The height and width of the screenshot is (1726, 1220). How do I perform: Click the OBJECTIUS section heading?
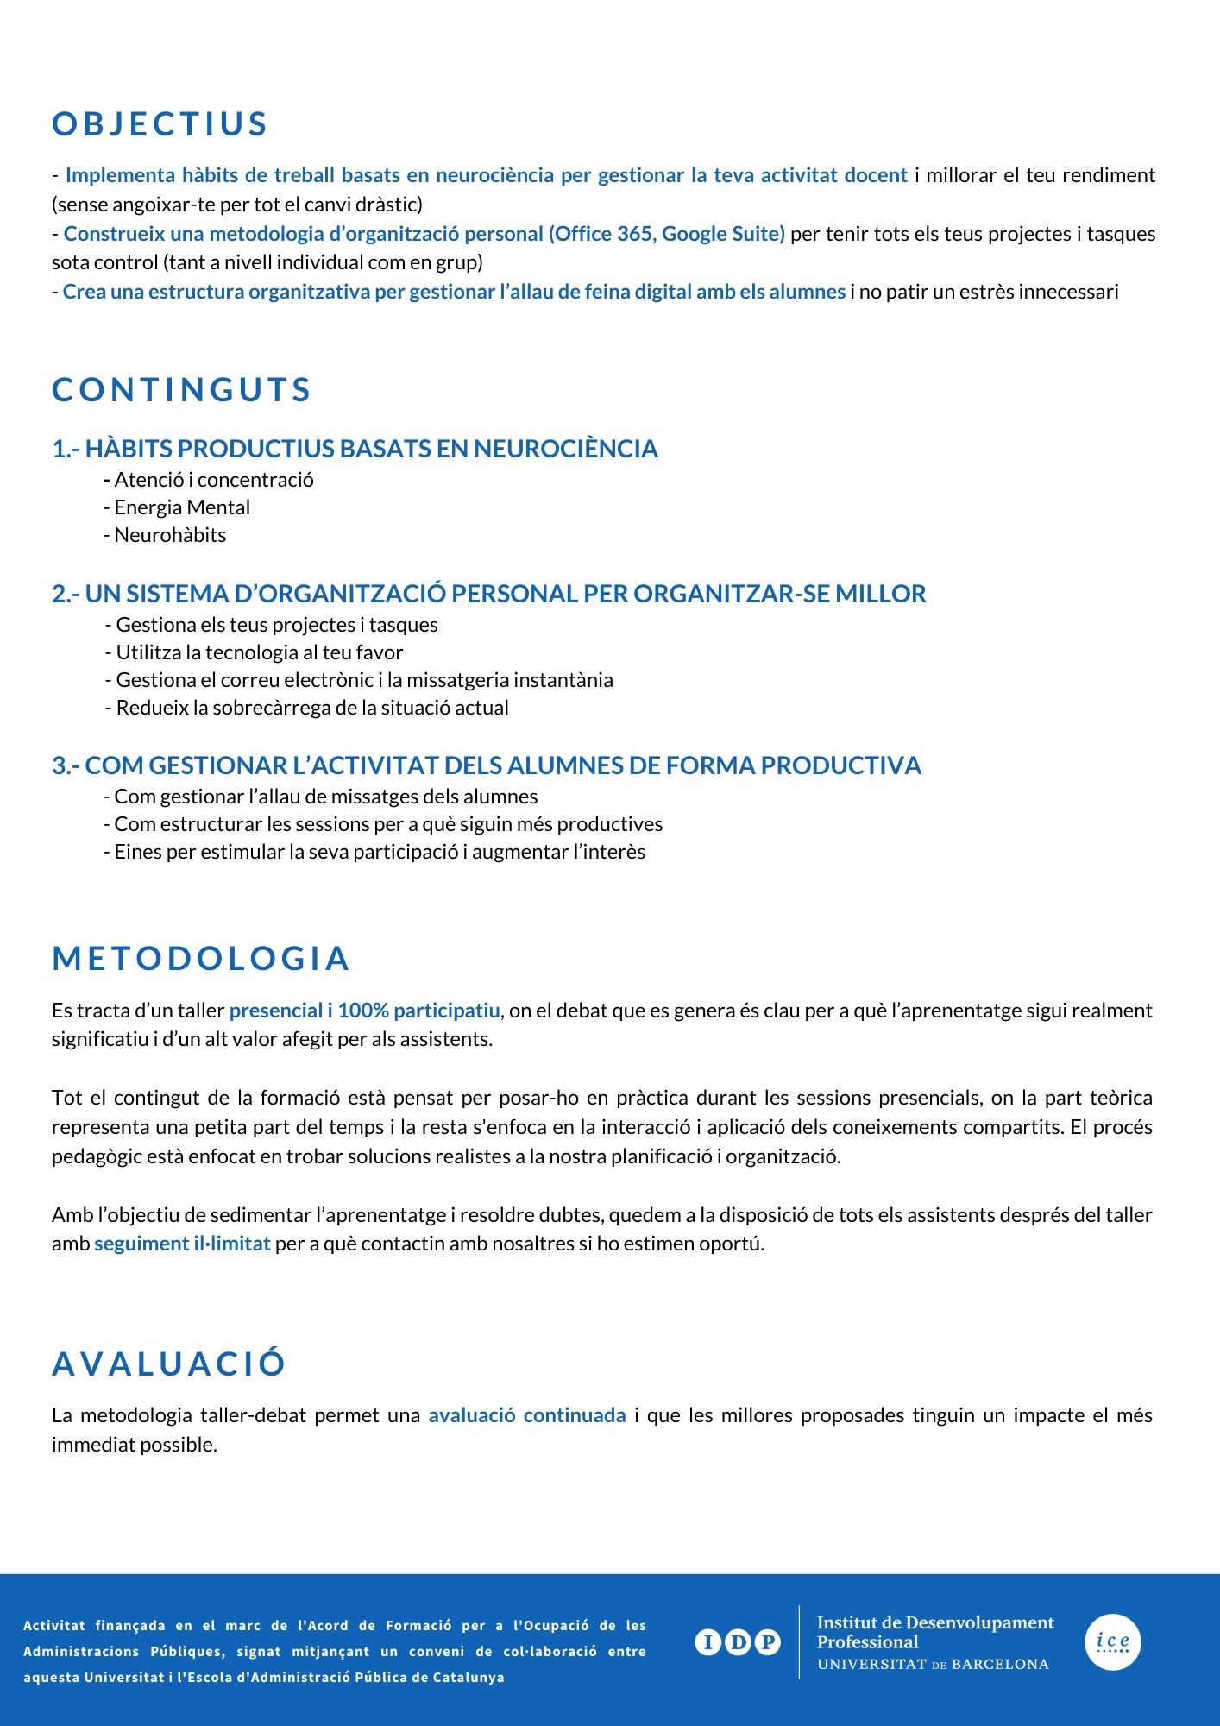coord(160,124)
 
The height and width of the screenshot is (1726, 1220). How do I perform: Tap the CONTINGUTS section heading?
coord(181,390)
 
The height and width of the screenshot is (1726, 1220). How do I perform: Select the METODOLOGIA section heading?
coord(201,959)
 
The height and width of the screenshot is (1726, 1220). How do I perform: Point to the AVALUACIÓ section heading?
coord(169,1364)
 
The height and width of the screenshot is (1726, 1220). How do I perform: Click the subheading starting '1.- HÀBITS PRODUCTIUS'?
coord(355,449)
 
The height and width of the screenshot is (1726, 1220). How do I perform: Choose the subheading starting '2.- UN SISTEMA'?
coord(488,594)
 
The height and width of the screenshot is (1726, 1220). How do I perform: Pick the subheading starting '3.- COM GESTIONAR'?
coord(487,765)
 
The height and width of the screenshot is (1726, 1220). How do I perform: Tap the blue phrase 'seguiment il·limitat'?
coord(182,1244)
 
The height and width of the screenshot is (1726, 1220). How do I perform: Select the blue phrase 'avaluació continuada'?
coord(527,1415)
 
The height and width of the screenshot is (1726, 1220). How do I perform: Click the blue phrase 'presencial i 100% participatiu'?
coord(364,1011)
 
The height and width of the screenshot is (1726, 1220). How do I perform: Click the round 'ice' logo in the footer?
coord(1113,1641)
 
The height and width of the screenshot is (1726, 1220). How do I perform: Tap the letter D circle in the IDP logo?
coord(738,1642)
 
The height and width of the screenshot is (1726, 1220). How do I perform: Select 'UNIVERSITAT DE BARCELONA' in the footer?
coord(933,1665)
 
